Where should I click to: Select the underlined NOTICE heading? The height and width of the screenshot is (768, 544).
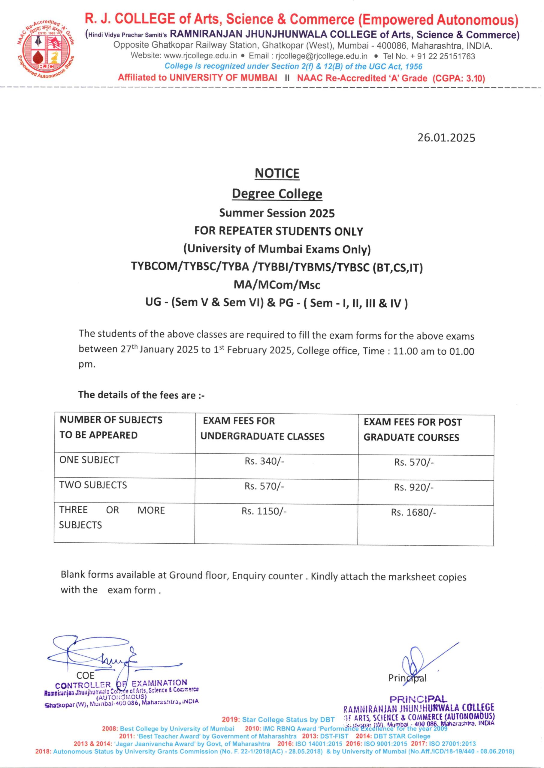(277, 173)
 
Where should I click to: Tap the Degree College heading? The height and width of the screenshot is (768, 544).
(277, 194)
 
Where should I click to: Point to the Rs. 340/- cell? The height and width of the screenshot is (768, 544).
(264, 461)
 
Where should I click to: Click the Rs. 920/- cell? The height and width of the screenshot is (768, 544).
(414, 487)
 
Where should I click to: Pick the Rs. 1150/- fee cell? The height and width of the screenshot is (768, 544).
(264, 511)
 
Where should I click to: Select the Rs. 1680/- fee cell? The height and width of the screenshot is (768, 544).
(413, 512)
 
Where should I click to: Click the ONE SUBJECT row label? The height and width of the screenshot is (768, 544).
(89, 460)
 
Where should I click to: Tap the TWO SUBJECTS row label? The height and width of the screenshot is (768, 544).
(93, 485)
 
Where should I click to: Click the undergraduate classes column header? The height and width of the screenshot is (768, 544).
(262, 429)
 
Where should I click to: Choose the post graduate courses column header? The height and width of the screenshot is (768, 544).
(413, 430)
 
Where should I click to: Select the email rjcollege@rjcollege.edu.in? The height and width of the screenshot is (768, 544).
(321, 56)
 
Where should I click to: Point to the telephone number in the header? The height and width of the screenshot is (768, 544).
(429, 56)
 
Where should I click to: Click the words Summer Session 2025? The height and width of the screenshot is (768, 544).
(277, 213)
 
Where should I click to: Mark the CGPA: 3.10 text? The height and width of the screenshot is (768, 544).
(459, 78)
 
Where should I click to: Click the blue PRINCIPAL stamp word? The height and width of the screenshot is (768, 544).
(418, 699)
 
